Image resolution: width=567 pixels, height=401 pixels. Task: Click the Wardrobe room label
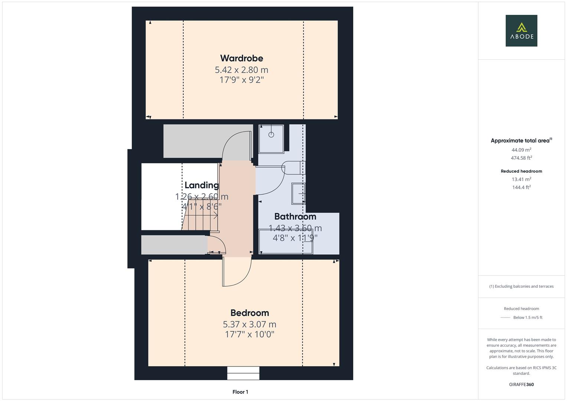click(241, 58)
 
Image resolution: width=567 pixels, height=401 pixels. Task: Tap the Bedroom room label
click(250, 313)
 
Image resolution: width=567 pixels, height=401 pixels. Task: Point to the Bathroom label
click(295, 216)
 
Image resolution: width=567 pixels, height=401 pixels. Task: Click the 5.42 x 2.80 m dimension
click(241, 70)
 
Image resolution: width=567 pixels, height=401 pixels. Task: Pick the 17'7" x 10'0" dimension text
click(250, 335)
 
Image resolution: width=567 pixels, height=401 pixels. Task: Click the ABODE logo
click(521, 30)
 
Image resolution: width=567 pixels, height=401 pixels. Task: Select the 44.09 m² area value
click(521, 150)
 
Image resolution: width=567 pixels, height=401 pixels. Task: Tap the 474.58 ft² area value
click(521, 158)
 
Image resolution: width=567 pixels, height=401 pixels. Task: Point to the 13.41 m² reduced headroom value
click(521, 179)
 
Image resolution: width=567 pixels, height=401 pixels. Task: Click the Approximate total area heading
click(521, 140)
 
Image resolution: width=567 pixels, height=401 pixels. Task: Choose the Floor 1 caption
click(240, 392)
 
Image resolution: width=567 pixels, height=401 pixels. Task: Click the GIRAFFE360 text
click(521, 385)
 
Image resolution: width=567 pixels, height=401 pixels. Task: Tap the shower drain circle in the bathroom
click(271, 135)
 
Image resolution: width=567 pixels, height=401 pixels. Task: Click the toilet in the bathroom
click(293, 167)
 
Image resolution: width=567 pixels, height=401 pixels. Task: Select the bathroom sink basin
click(299, 193)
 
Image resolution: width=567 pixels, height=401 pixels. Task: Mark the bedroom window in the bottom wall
click(243, 373)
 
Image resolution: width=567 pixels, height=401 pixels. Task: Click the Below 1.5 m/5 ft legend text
click(528, 317)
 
